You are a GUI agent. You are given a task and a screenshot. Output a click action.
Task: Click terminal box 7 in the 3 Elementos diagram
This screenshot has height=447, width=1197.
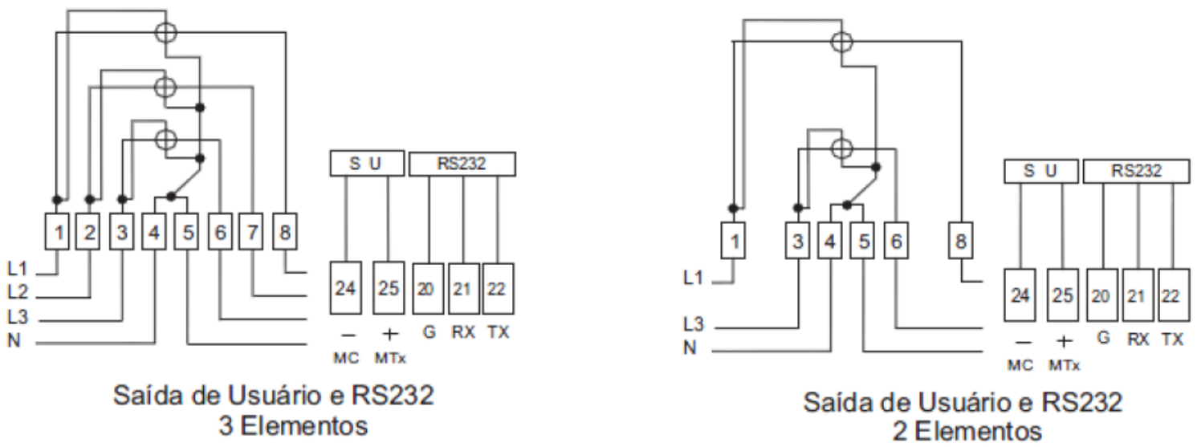(251, 232)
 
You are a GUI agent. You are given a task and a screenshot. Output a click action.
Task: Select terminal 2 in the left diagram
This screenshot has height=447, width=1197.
(88, 232)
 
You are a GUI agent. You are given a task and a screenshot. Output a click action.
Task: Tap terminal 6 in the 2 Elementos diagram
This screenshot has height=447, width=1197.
(896, 240)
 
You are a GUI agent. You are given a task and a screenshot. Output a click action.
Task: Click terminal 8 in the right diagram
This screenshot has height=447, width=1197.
(960, 240)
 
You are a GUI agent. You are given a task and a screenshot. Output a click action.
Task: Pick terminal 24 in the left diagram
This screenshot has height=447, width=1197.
(346, 288)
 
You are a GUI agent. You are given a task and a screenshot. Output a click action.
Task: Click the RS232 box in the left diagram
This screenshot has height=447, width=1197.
(462, 164)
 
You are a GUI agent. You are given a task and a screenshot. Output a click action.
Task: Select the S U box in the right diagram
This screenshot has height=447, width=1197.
(1040, 171)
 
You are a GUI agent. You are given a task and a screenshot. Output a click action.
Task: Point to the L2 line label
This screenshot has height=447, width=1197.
(17, 291)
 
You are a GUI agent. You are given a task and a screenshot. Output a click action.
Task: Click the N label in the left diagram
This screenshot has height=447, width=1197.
(14, 340)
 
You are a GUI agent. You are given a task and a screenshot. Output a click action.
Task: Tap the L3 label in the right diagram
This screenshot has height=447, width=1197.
(693, 323)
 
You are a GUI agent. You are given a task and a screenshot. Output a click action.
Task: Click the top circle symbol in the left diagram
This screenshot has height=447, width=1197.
(165, 33)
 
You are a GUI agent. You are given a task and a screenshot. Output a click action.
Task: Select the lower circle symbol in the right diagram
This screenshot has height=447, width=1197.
(842, 148)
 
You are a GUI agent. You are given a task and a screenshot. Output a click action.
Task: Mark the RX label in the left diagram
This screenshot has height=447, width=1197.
(462, 332)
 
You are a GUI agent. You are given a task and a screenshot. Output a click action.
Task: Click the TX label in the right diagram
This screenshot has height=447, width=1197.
(1172, 339)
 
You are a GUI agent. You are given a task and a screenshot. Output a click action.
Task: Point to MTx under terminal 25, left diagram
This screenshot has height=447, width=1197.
(390, 358)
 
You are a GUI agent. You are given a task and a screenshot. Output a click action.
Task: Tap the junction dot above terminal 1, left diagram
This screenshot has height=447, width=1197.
(57, 200)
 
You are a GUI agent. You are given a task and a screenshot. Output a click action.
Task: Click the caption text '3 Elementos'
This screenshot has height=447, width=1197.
(293, 426)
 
